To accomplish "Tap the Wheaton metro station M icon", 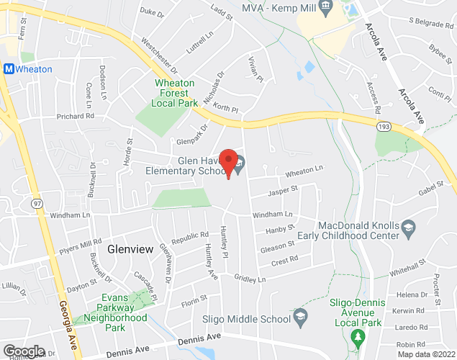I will [9, 69].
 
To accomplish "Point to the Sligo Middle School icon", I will [301, 317].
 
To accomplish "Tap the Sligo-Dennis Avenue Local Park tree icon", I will [355, 336].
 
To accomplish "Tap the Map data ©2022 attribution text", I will [426, 354].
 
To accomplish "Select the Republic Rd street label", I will [189, 237].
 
